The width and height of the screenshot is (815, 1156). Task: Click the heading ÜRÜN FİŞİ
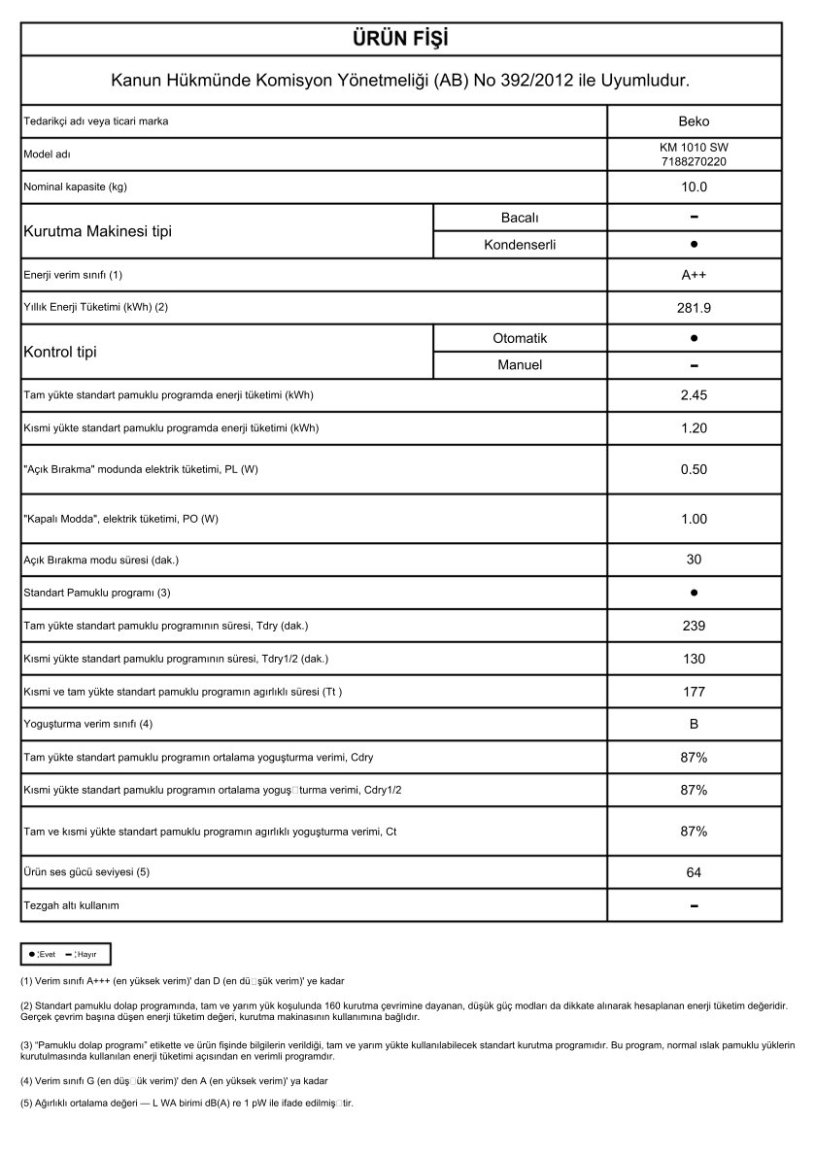coord(400,39)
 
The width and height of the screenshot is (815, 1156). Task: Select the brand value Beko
coord(694,121)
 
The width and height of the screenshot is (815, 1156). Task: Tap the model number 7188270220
coord(694,161)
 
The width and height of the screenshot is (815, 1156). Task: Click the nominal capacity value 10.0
coord(694,187)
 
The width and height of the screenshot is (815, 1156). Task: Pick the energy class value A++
coord(694,275)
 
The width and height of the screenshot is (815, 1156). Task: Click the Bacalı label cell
coord(520,217)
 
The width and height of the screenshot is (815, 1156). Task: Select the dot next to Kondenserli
coord(694,245)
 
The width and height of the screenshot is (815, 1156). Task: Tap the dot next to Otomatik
coord(694,338)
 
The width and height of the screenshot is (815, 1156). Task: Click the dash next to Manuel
coord(694,365)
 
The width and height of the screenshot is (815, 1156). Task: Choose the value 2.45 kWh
coord(694,394)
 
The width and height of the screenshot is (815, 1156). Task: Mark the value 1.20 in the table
coord(694,427)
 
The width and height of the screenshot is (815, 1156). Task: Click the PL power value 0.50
coord(694,469)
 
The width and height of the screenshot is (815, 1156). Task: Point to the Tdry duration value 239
coord(694,626)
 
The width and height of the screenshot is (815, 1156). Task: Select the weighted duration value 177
coord(694,692)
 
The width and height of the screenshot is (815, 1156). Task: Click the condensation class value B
coord(694,724)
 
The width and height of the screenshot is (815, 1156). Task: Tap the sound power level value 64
coord(694,872)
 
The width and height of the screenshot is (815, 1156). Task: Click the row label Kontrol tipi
coord(59,352)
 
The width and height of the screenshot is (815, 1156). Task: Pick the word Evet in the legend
coord(48,954)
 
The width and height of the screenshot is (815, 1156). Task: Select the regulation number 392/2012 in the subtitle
coord(525,80)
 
